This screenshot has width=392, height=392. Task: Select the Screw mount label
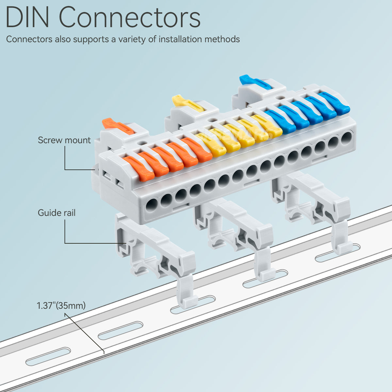coord(64,140)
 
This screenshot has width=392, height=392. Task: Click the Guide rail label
coord(57,213)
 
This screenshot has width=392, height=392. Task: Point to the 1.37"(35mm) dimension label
coord(61,306)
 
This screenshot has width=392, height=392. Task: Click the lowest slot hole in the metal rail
coord(48,356)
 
